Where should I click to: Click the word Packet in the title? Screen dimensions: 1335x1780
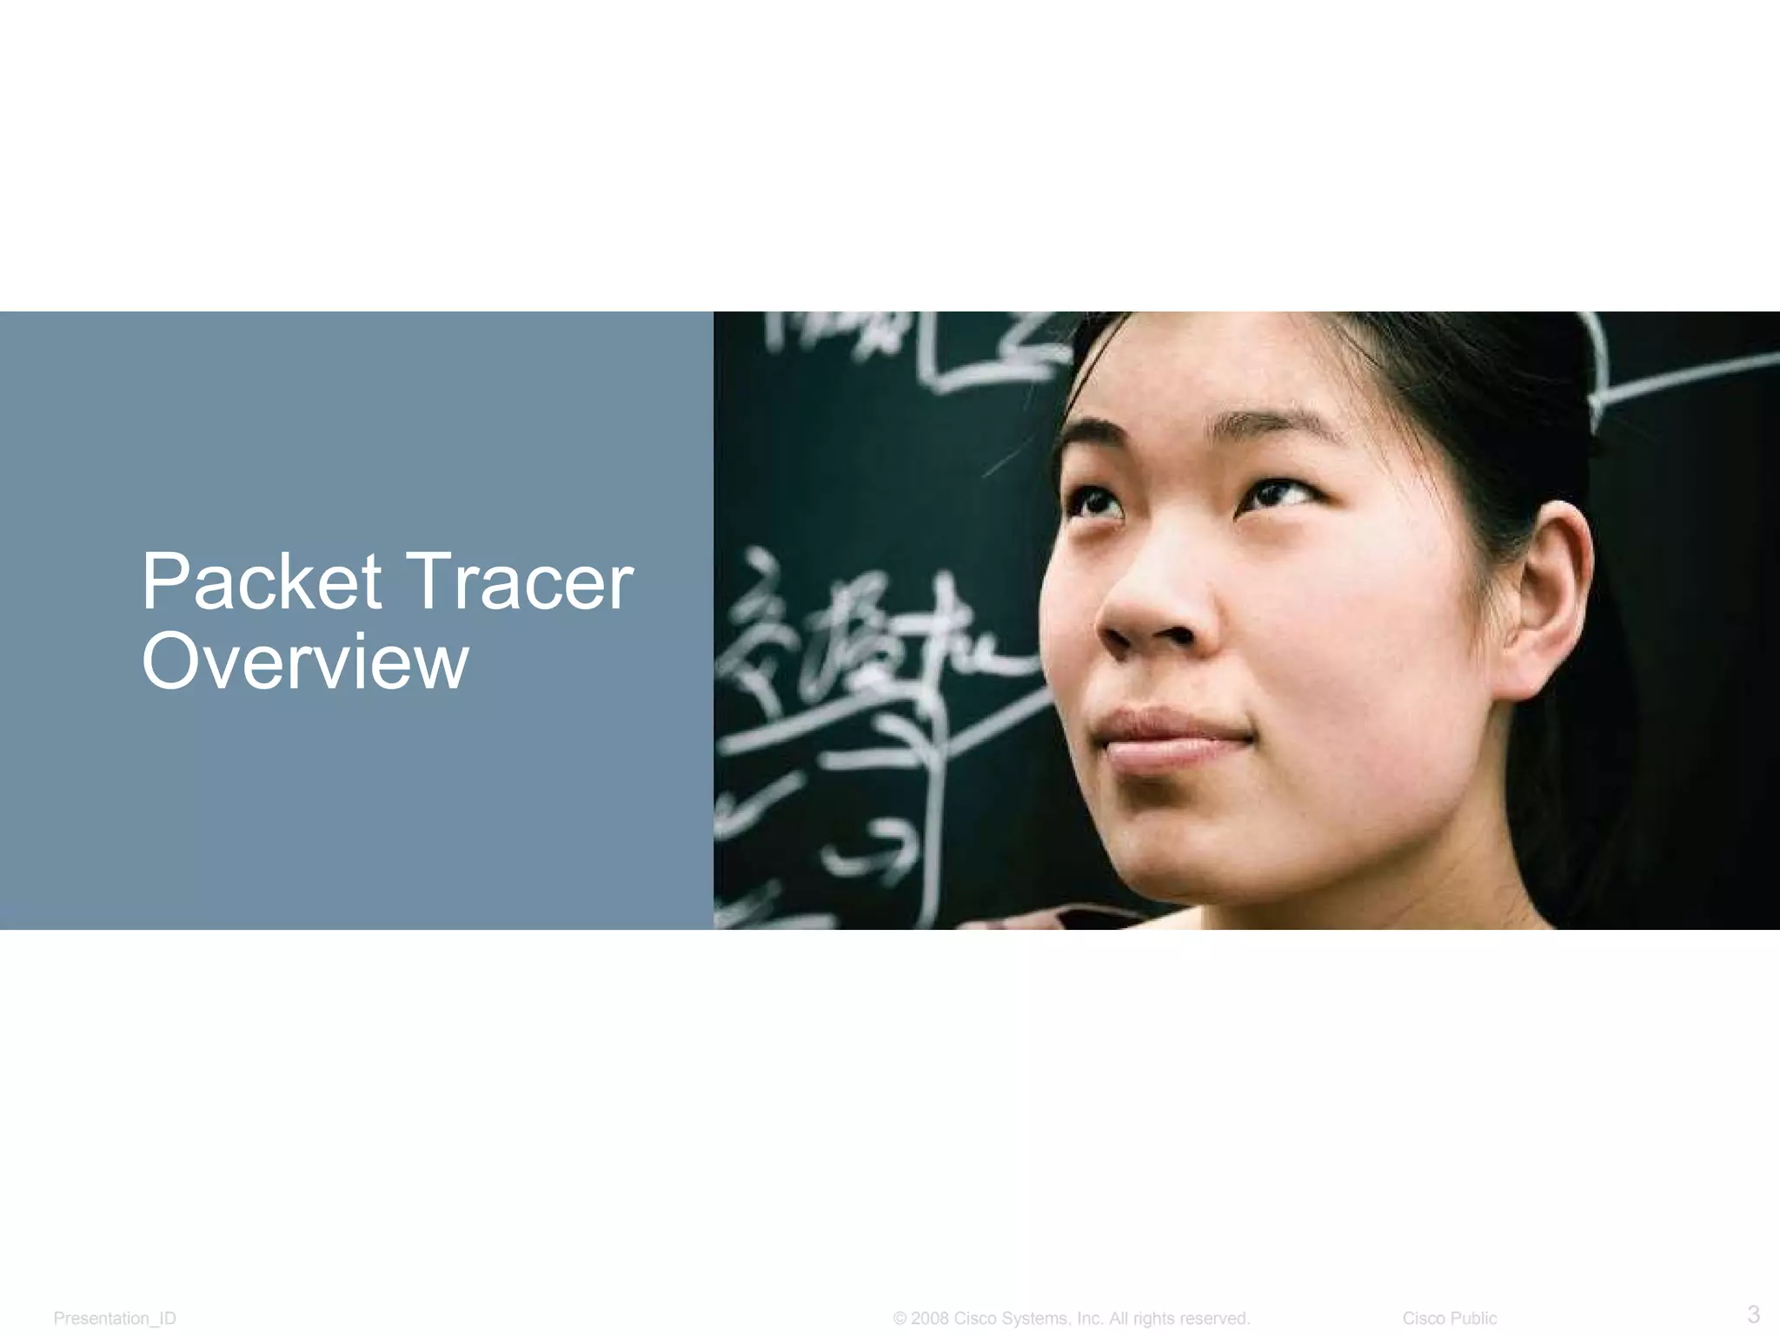click(x=261, y=581)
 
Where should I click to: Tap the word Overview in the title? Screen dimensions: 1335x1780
click(x=305, y=662)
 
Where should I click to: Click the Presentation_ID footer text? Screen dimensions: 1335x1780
click(x=115, y=1318)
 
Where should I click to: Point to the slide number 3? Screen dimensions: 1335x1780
click(x=1753, y=1313)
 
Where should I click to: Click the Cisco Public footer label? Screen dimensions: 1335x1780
click(x=1449, y=1318)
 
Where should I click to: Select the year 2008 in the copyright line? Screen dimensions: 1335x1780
click(x=930, y=1318)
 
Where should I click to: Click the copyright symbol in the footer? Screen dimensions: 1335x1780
click(x=900, y=1318)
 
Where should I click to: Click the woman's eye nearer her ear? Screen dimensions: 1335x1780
click(x=1278, y=495)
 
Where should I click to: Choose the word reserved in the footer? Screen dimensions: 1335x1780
click(x=1213, y=1318)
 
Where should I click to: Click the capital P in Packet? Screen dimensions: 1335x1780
click(x=165, y=581)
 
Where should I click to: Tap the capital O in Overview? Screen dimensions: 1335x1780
click(x=171, y=662)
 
